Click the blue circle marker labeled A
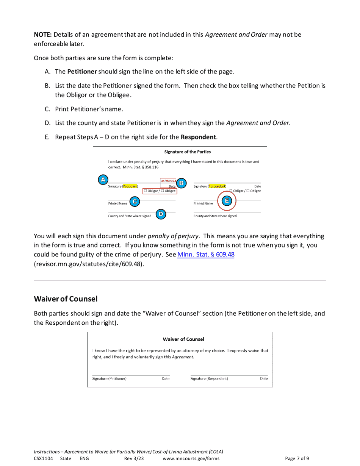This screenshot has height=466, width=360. click(x=102, y=180)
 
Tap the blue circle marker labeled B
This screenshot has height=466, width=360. click(x=181, y=183)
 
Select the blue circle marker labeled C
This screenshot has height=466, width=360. click(x=134, y=202)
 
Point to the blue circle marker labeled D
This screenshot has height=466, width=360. click(x=161, y=214)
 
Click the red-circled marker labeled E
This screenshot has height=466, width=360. click(x=227, y=201)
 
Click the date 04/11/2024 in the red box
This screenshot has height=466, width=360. click(x=168, y=181)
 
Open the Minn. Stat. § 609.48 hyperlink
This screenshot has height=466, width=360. click(x=206, y=255)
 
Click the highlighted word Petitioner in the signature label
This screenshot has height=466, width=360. click(x=130, y=186)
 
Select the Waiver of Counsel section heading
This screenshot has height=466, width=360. click(x=66, y=299)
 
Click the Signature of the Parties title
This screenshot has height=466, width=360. click(x=187, y=152)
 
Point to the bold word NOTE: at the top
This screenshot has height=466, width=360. click(x=43, y=35)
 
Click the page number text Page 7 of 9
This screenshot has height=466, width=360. click(x=297, y=458)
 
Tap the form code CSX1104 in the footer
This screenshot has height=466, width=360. click(x=43, y=458)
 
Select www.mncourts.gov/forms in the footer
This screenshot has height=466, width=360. click(x=191, y=458)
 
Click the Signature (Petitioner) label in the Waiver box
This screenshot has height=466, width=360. click(x=110, y=378)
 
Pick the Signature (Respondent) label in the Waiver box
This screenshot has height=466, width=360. click(x=209, y=378)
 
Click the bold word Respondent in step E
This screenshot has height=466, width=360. click(x=198, y=137)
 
